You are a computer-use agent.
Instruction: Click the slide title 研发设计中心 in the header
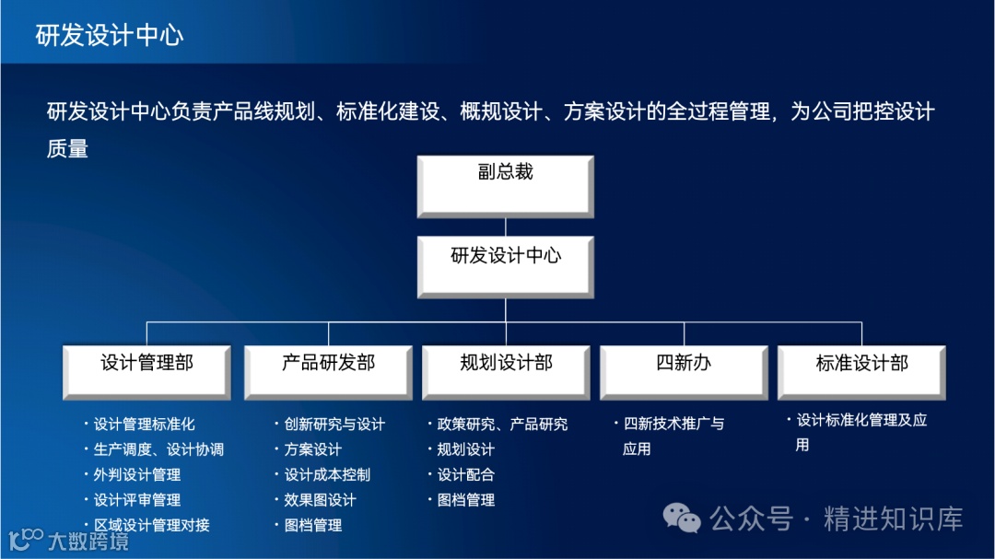point(110,35)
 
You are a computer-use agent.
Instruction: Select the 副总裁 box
point(505,185)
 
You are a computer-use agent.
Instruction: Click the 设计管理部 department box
point(147,372)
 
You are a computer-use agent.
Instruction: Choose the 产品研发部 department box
point(329,372)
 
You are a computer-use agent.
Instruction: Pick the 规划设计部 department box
point(507,372)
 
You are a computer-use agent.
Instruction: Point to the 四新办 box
point(684,372)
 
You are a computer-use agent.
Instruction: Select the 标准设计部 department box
point(861,372)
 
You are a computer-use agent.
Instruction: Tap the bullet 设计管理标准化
point(144,425)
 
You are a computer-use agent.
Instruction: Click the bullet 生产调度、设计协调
point(158,449)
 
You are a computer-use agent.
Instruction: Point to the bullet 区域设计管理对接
point(151,525)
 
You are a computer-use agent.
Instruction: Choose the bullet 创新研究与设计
point(334,425)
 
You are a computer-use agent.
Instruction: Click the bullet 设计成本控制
point(327,475)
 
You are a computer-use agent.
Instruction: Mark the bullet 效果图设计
point(320,500)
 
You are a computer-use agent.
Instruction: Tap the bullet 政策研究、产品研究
point(502,425)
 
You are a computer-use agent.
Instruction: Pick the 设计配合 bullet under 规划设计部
point(465,475)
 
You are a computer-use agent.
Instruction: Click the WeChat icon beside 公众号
point(683,518)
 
